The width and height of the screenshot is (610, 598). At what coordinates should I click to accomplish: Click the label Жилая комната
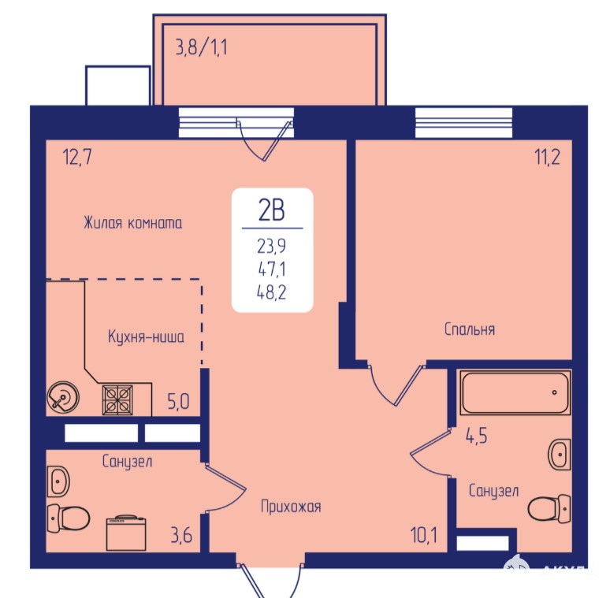pos(133,223)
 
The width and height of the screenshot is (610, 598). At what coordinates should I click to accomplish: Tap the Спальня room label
pos(470,329)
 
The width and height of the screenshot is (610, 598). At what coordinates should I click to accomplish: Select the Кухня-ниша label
pos(146,336)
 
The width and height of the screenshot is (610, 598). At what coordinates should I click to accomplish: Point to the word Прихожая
pos(291,507)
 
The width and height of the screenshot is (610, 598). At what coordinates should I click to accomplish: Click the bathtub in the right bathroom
pos(515,392)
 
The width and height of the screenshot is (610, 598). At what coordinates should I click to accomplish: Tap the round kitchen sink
pos(62,397)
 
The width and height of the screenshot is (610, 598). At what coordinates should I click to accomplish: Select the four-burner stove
pos(117,399)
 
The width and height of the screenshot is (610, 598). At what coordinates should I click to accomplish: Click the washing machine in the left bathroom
pos(126,533)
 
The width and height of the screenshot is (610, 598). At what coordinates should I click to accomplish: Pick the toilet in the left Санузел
pos(69,518)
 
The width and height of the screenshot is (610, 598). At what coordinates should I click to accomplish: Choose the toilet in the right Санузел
pos(549,508)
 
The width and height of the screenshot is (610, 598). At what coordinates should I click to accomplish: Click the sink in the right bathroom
pos(560,454)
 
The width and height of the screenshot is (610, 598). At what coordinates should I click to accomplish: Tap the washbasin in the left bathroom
pos(58,481)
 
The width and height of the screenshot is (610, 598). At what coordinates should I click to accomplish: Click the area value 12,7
pos(77,157)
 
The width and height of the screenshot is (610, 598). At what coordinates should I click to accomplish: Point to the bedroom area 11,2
pos(548,157)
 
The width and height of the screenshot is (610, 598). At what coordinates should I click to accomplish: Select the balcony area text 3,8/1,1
pos(202,48)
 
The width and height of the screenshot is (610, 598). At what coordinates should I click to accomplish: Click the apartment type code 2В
pos(272,210)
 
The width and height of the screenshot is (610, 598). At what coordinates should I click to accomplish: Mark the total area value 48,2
pos(272,292)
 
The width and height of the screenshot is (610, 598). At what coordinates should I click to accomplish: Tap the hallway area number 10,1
pos(424,535)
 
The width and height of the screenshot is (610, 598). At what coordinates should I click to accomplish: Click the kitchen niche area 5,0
pos(178,402)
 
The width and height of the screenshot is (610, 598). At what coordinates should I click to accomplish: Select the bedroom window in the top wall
pos(463,122)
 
